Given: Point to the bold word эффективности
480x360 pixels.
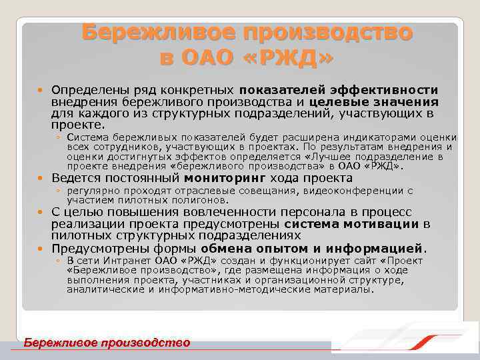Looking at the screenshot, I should pos(390,89).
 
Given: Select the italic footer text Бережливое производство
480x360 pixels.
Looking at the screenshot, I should pos(107,343).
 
